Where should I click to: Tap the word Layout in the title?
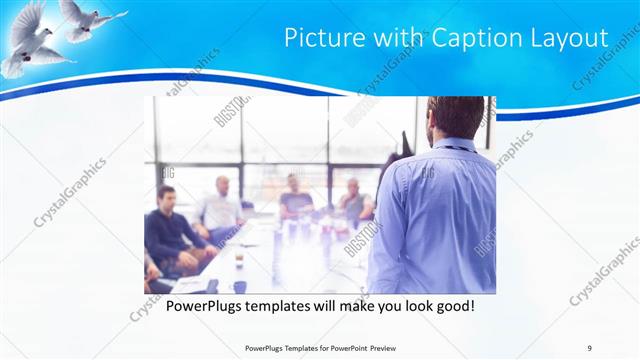pos(566,38)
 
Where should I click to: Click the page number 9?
pos(590,347)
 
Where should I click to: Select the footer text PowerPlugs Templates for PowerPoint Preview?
pos(319,347)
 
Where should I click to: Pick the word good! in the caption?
pos(453,305)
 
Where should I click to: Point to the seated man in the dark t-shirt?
pos(295,196)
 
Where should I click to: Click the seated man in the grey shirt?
pos(352,199)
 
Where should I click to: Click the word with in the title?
pos(388,38)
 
